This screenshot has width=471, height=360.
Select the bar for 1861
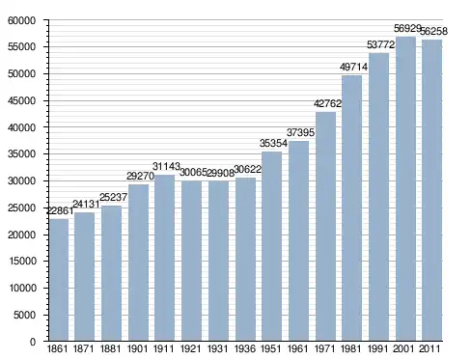[59, 280]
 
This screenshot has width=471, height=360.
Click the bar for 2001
[405, 189]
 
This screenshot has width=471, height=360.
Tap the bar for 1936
[245, 260]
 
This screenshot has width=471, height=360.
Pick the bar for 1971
[325, 227]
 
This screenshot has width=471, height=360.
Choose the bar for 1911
[165, 258]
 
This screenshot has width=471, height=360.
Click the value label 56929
[407, 28]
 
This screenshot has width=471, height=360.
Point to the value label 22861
[60, 210]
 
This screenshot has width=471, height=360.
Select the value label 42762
[327, 103]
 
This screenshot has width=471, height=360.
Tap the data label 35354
[273, 143]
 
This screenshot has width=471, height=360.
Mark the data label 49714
[353, 67]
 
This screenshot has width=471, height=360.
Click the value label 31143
[166, 166]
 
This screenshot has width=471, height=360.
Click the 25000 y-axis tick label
[21, 208]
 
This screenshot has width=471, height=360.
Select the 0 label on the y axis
[33, 342]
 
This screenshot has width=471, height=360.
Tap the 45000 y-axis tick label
[21, 100]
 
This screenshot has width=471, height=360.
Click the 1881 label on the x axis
[110, 348]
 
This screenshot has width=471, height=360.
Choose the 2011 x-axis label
[429, 348]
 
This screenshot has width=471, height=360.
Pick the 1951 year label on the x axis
[271, 348]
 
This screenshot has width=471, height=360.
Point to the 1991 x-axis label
[377, 348]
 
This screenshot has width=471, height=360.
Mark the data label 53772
[380, 44]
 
